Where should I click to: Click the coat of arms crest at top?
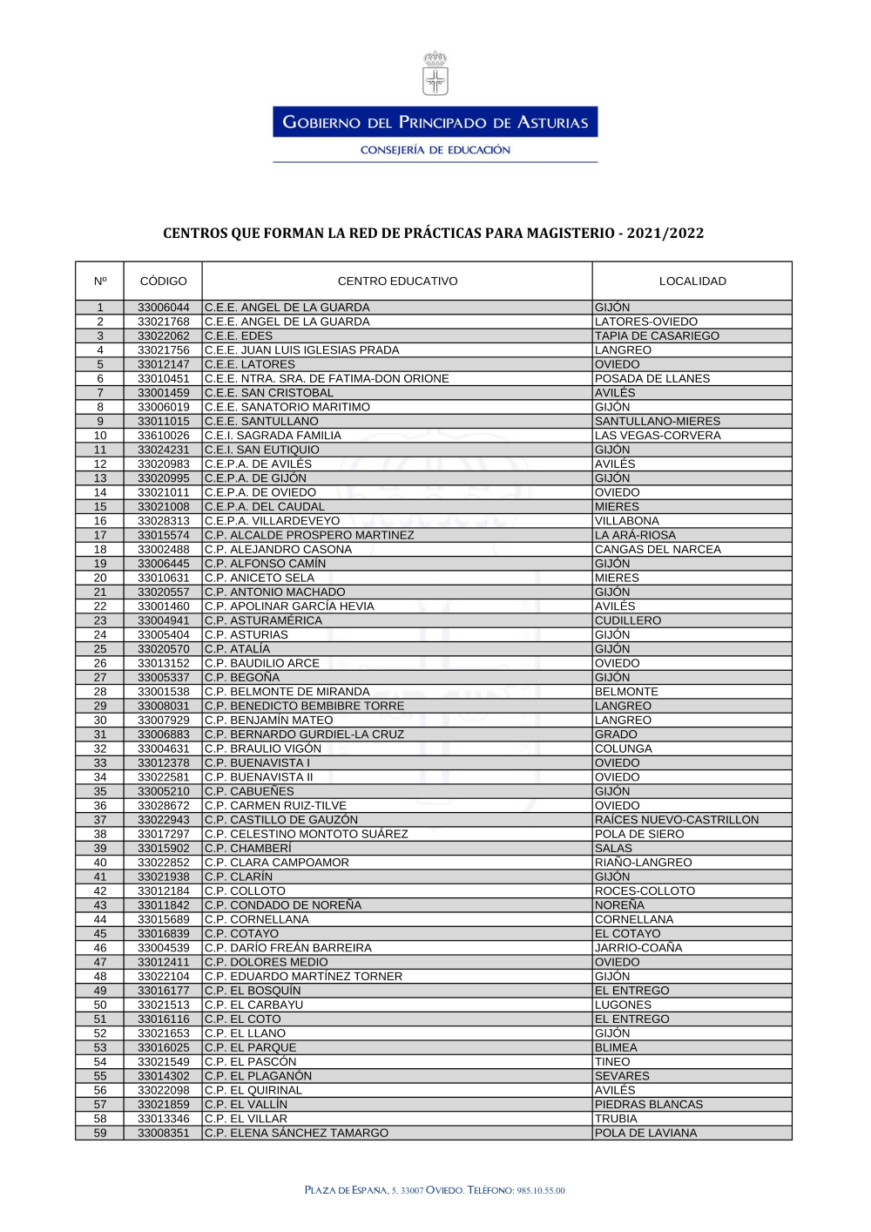click(x=435, y=74)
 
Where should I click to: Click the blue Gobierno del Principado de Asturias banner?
click(x=435, y=122)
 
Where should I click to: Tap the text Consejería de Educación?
click(x=435, y=150)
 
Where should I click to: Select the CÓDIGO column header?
click(x=163, y=281)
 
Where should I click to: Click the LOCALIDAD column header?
click(x=692, y=281)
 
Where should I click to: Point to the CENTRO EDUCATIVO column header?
click(x=397, y=281)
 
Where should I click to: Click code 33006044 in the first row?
click(x=163, y=308)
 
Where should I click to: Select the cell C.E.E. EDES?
click(x=239, y=336)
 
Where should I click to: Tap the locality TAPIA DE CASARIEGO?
click(x=657, y=336)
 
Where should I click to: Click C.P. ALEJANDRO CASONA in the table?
click(x=278, y=550)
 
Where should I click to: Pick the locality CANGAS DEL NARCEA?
click(x=658, y=550)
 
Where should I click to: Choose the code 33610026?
click(x=163, y=436)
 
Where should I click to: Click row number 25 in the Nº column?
click(x=100, y=649)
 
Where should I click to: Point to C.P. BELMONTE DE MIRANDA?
click(x=287, y=692)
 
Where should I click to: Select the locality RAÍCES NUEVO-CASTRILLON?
click(x=677, y=820)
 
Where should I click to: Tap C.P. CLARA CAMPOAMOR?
click(x=276, y=863)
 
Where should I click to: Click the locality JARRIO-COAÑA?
click(x=638, y=948)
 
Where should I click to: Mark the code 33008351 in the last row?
click(x=163, y=1134)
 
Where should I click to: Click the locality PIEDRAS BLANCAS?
click(x=648, y=1105)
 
